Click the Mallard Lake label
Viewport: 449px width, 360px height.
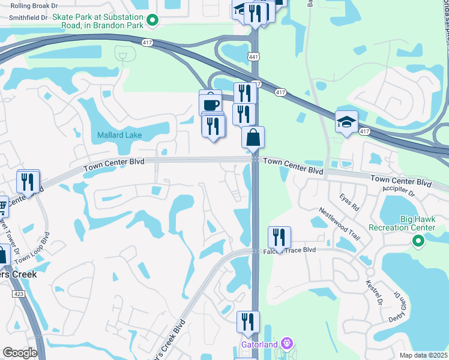[x=119, y=135]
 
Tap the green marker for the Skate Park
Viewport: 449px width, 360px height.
[x=152, y=21]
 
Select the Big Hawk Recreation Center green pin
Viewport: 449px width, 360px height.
[x=418, y=241]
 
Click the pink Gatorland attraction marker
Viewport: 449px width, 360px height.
[x=287, y=344]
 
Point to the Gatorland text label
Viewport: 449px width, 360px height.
[x=261, y=344]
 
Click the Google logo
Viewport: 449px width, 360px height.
[x=20, y=353]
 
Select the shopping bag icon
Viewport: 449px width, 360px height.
[x=253, y=137]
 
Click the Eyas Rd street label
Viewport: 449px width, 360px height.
[x=349, y=203]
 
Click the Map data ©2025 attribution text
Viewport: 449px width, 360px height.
[x=423, y=355]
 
